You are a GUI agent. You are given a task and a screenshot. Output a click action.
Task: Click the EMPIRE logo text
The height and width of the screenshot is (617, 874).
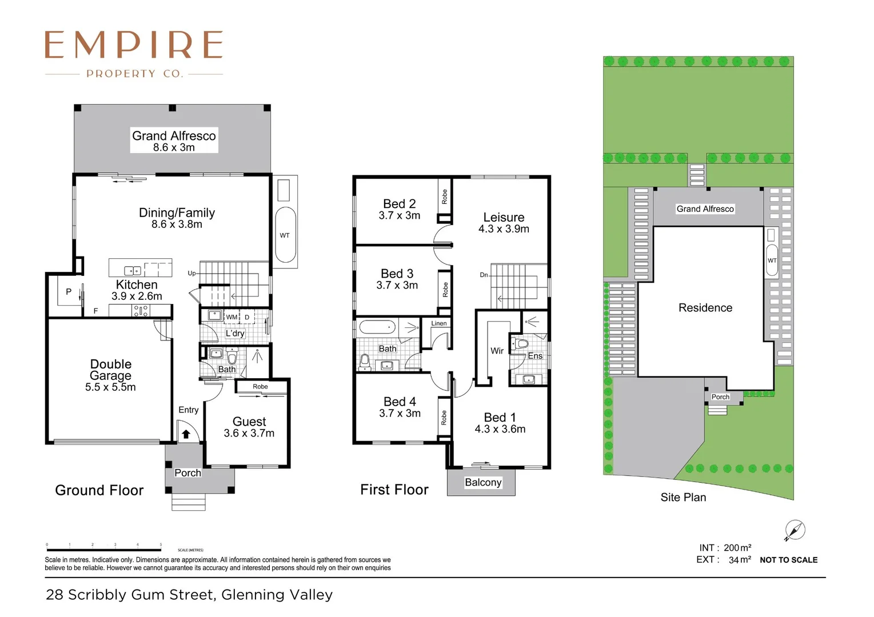tap(134, 45)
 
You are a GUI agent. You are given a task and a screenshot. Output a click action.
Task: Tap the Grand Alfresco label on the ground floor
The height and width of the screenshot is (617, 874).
tap(174, 136)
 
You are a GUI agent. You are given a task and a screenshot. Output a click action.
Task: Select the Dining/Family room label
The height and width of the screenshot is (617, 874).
tap(177, 213)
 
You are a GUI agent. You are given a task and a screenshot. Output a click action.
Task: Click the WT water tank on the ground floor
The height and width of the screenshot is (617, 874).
tap(285, 235)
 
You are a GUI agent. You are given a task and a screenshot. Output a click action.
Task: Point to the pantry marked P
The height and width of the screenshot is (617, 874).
tap(69, 292)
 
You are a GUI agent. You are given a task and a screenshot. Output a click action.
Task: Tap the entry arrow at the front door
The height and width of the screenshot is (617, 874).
tap(186, 434)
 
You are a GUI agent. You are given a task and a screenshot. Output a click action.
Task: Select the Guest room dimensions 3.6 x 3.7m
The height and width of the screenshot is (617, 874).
tap(249, 434)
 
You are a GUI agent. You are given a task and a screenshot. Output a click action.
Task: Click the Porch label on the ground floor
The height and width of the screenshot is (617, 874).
tap(187, 473)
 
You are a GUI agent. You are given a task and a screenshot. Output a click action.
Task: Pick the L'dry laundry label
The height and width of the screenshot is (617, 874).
tap(234, 334)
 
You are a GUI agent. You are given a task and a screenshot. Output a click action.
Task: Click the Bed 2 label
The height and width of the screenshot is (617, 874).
tap(399, 204)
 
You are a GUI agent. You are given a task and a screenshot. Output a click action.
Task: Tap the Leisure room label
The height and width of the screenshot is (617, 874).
tap(504, 218)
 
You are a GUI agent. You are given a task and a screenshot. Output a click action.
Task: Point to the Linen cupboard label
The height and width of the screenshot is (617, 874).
tap(439, 323)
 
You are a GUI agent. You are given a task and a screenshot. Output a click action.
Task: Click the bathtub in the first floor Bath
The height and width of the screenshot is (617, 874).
tap(377, 328)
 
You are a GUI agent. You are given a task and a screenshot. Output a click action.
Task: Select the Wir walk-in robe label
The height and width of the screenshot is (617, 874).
tap(497, 351)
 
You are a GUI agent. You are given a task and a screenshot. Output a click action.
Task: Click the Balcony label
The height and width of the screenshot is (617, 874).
tap(482, 483)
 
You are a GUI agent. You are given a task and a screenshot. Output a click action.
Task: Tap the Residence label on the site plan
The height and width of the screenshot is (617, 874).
tap(705, 308)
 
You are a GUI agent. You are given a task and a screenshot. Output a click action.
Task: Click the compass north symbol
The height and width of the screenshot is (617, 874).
tap(795, 530)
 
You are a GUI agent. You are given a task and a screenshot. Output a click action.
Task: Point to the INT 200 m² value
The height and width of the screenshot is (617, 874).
tap(737, 548)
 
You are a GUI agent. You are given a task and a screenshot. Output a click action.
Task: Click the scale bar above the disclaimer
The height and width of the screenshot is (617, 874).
tap(103, 550)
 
